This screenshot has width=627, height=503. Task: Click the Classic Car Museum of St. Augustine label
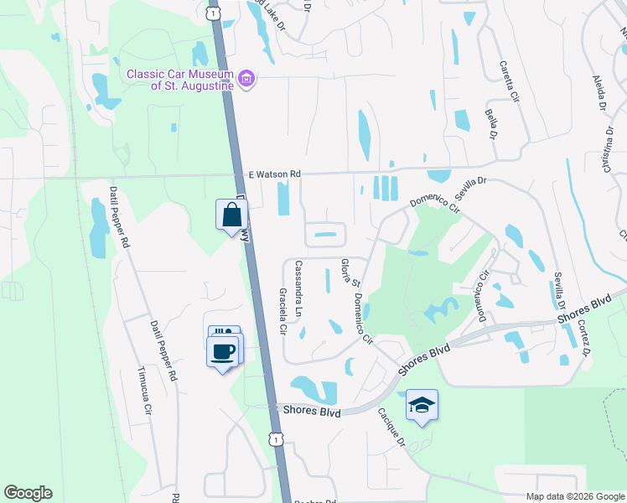click(x=179, y=79)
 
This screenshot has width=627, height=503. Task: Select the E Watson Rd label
click(x=274, y=174)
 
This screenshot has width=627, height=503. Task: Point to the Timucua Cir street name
click(x=146, y=395)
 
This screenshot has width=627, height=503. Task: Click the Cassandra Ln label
click(x=298, y=288)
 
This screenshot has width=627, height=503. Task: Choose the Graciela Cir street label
click(x=283, y=313)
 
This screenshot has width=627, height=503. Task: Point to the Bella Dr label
click(x=491, y=124)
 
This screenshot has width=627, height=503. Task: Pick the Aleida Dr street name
click(x=600, y=92)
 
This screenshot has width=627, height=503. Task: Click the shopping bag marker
click(x=231, y=215)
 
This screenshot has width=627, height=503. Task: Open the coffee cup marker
click(x=222, y=350)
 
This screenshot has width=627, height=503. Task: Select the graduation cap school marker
click(x=422, y=406)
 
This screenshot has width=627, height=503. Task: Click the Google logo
click(x=28, y=493)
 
